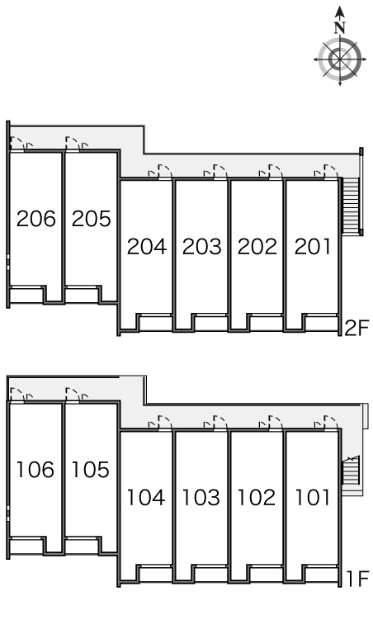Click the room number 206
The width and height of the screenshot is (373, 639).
tap(35, 219)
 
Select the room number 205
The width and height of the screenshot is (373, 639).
tap(92, 219)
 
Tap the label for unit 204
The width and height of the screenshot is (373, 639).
tap(147, 247)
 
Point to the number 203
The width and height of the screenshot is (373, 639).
tap(202, 247)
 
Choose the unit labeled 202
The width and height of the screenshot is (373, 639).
tap(257, 247)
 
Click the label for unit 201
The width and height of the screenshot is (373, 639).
tap(312, 247)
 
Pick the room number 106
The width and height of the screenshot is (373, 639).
tap(35, 470)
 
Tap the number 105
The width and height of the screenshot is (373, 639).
tap(91, 470)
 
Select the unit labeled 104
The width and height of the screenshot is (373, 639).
tap(146, 497)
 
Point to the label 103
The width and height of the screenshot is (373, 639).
tap(201, 497)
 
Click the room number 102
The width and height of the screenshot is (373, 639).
tap(256, 497)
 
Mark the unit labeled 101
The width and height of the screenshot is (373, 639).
tap(312, 497)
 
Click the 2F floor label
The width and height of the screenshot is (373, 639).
tap(356, 328)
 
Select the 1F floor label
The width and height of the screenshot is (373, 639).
tap(357, 579)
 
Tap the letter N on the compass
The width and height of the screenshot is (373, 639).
tap(340, 28)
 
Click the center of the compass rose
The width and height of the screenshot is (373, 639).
tap(340, 59)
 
